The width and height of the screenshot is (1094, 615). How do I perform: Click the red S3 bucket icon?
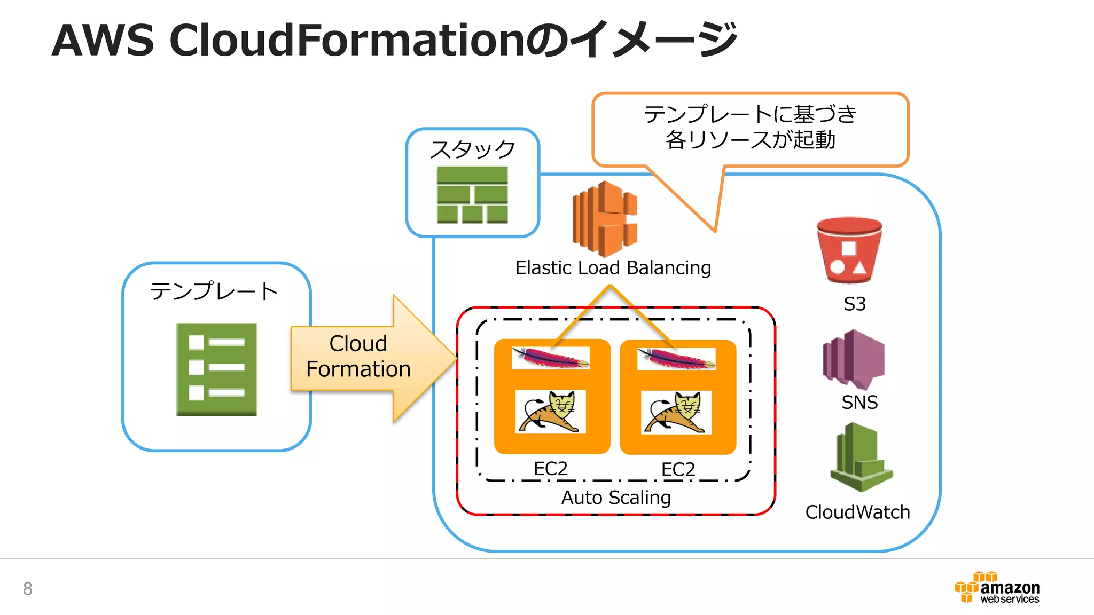[x=849, y=250]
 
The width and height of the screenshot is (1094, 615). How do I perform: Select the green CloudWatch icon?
[x=861, y=459]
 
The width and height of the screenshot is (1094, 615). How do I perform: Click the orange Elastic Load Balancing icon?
[x=605, y=219]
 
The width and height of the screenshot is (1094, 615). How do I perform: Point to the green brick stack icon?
[x=472, y=195]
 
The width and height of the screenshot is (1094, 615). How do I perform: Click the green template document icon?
[x=217, y=369]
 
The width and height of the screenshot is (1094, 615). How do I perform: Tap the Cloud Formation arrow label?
[x=358, y=356]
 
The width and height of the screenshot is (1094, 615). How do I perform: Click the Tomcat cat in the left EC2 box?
[x=550, y=411]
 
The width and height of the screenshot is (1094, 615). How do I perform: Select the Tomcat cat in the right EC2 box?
[x=676, y=412]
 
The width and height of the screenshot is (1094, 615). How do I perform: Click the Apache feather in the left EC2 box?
[x=550, y=358]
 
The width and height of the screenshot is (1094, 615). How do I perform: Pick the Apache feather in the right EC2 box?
[x=676, y=359]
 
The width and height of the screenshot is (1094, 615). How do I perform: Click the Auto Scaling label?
[x=615, y=498]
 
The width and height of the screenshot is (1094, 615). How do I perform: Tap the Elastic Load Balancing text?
[x=613, y=267]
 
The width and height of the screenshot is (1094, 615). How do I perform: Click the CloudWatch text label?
[x=857, y=512]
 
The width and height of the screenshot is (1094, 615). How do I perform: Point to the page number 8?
[x=28, y=588]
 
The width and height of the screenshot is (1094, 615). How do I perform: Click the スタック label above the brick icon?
[x=473, y=149]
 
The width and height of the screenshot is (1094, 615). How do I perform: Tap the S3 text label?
[x=854, y=304]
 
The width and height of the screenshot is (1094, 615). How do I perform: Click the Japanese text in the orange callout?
[x=750, y=127]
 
